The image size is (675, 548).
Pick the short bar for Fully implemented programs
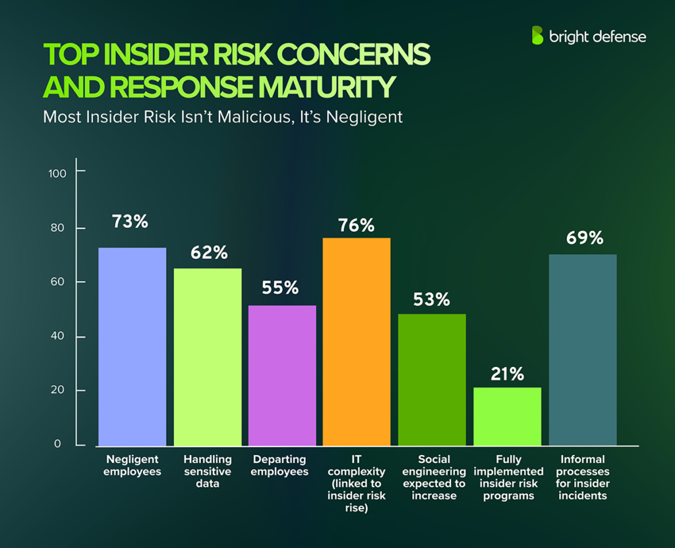[507, 416]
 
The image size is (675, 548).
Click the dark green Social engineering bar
[432, 380]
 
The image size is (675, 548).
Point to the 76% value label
[357, 225]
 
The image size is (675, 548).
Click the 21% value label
[507, 374]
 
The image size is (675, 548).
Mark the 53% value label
[432, 299]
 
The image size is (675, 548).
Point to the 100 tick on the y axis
[59, 173]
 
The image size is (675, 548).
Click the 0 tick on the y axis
[57, 444]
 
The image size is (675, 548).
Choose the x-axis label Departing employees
[281, 465]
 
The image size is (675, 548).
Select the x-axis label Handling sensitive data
[207, 471]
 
